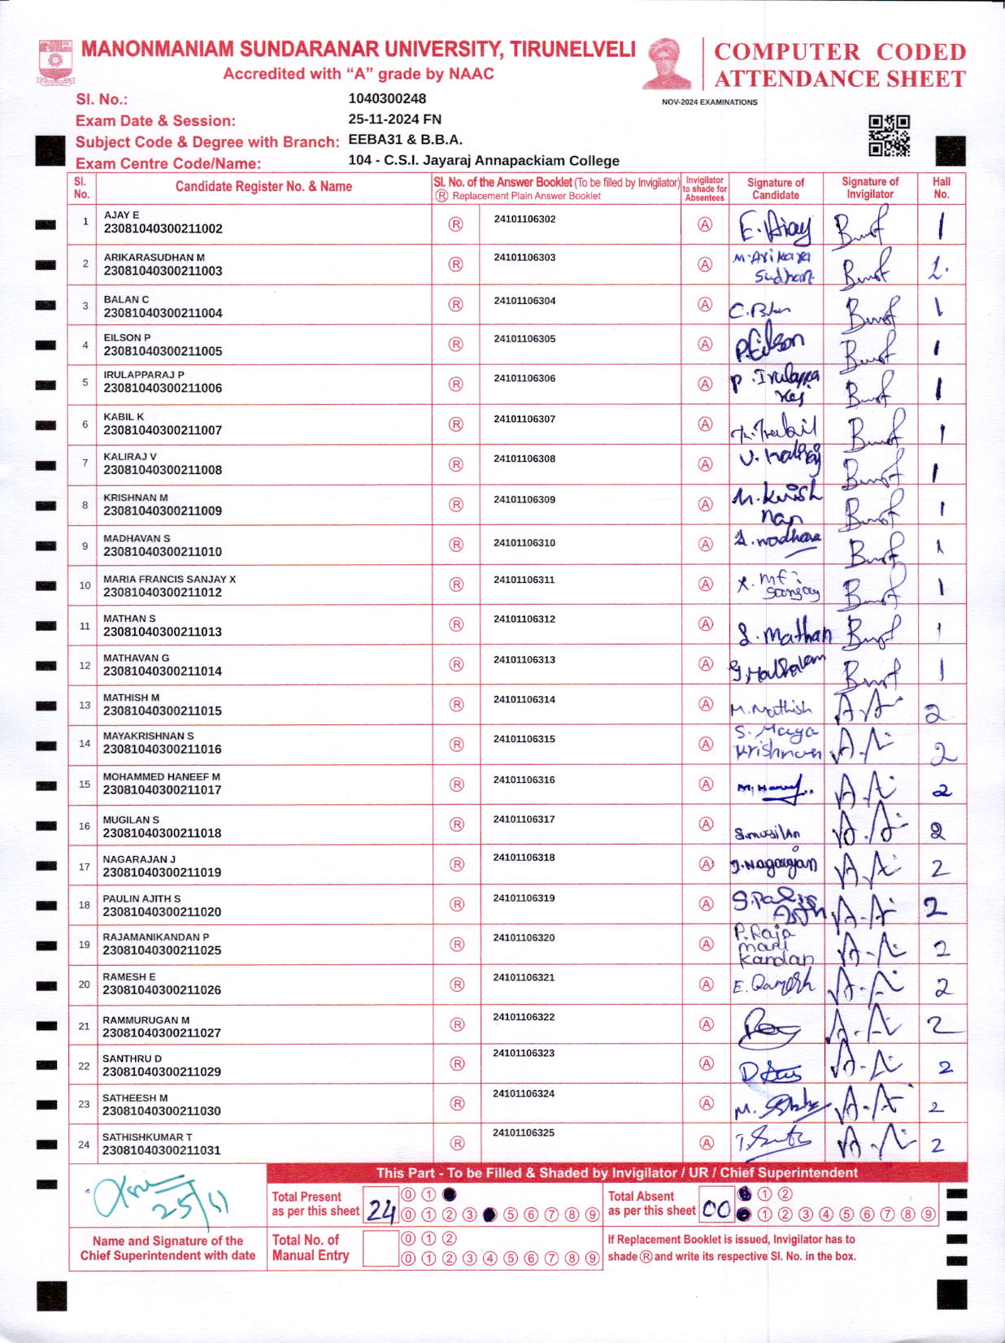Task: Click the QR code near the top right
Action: click(x=889, y=135)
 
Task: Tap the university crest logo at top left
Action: click(x=55, y=63)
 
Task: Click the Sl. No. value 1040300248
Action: click(x=387, y=98)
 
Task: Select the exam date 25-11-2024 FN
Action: click(x=394, y=119)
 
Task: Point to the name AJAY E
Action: click(x=121, y=215)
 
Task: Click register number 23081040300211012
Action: click(x=163, y=593)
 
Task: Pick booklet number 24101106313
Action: click(x=524, y=659)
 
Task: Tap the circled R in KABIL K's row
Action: click(x=456, y=424)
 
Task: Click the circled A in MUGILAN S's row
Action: click(x=707, y=824)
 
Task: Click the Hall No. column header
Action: click(x=942, y=188)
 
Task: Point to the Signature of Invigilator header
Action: click(x=870, y=188)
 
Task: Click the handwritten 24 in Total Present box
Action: click(x=380, y=1210)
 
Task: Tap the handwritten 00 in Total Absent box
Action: click(x=716, y=1209)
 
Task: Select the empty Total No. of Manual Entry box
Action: click(x=380, y=1249)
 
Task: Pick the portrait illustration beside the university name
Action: click(x=668, y=63)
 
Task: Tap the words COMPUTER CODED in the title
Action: click(x=840, y=52)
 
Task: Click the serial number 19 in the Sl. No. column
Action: click(x=85, y=945)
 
